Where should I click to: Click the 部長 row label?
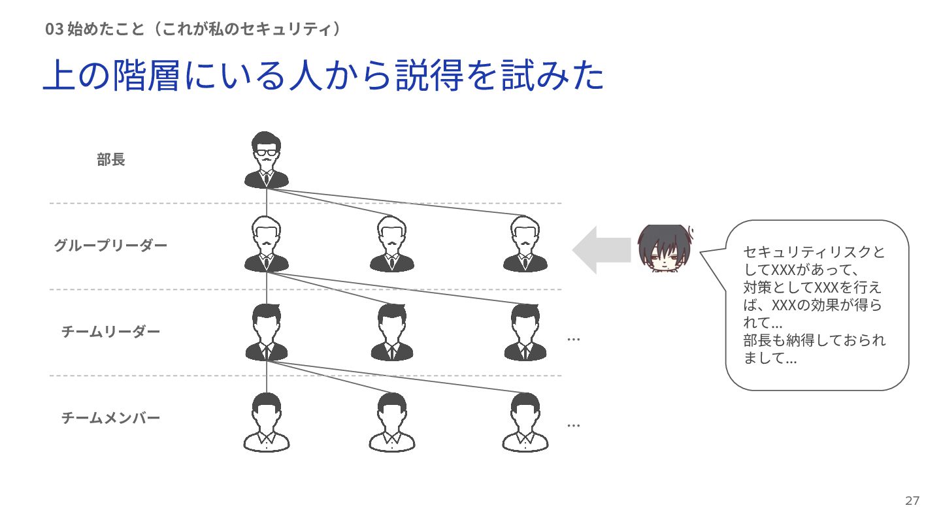coord(111,160)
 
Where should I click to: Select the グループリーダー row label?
coord(110,246)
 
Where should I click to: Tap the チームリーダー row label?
coord(110,332)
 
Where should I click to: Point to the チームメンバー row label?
coord(110,418)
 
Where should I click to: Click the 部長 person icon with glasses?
coord(266,160)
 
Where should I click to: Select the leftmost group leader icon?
coord(266,245)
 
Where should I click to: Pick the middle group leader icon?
coord(392,245)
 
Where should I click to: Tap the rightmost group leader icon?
coord(525,245)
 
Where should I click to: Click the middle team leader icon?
coord(392,332)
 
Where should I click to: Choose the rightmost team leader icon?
coord(525,332)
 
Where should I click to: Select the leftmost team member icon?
coord(266,423)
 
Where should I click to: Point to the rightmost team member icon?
coord(525,423)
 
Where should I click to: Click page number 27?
coord(912,501)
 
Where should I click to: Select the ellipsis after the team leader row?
coord(574,339)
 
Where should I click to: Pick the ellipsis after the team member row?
coord(574,425)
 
